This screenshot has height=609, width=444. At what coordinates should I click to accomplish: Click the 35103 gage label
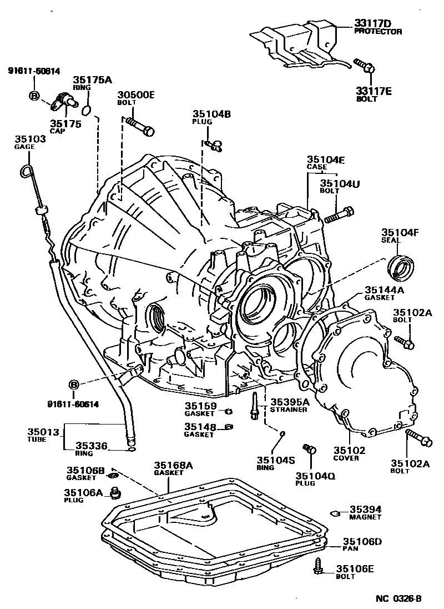[x=27, y=139]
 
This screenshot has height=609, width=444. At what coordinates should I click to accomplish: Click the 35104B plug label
[x=211, y=114]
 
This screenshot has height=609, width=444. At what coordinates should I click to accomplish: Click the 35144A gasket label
[x=384, y=289]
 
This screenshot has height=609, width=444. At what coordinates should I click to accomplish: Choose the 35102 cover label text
[x=346, y=450]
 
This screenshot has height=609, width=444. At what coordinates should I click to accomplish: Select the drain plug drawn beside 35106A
[x=117, y=492]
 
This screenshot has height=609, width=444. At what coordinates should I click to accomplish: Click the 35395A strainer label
[x=289, y=402]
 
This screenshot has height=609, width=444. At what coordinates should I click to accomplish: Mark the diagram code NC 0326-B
[x=399, y=598]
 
